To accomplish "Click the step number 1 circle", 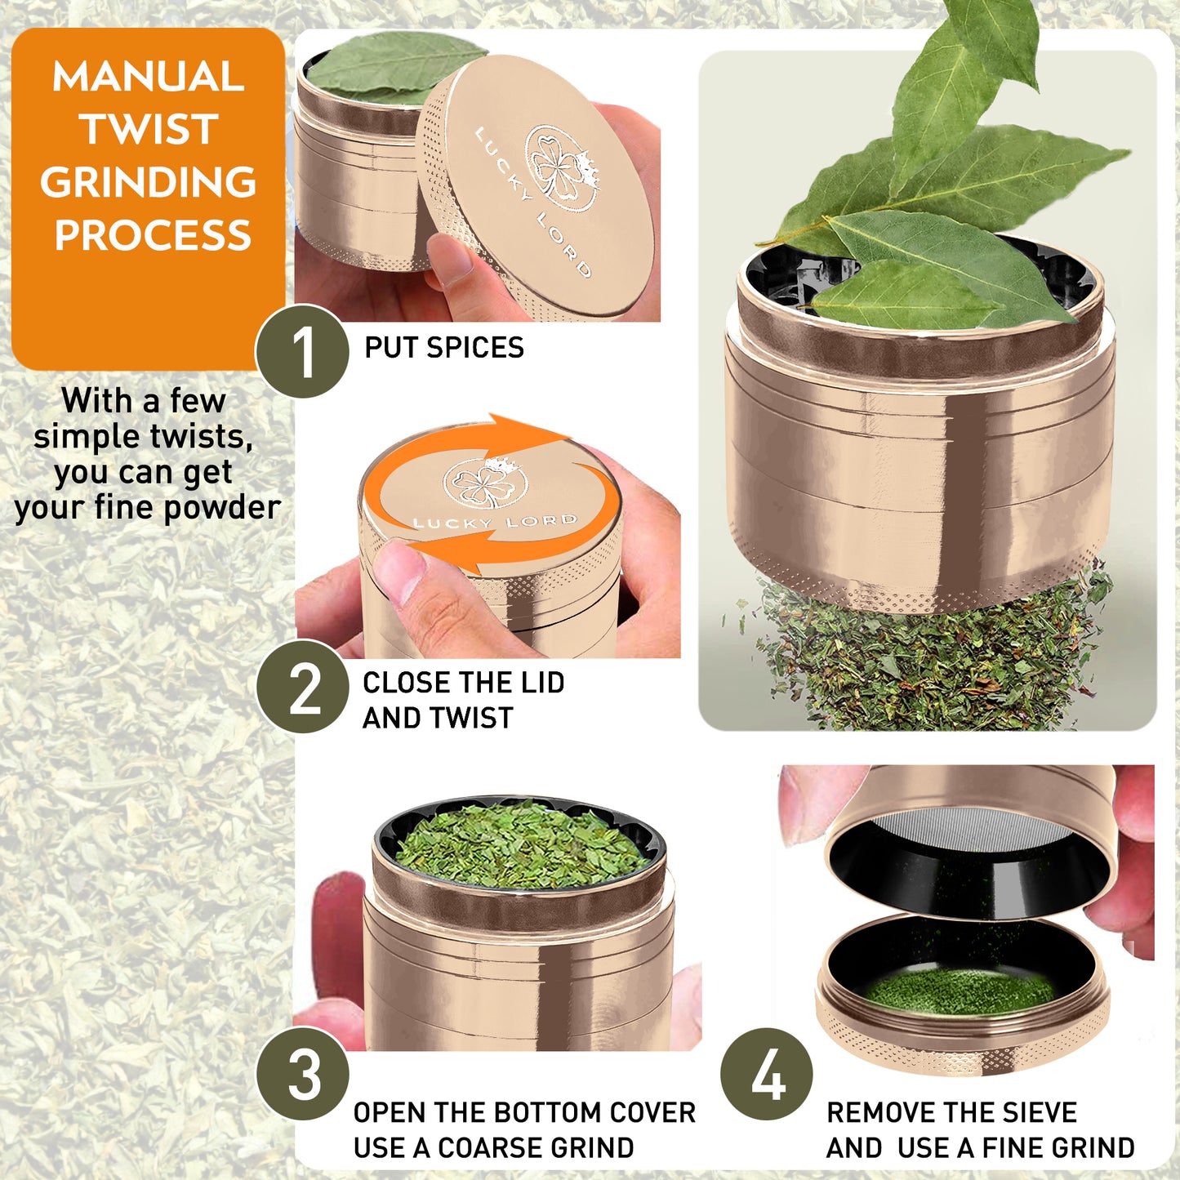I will tap(302, 351).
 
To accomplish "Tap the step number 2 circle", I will tap(302, 687).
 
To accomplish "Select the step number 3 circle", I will tap(302, 1074).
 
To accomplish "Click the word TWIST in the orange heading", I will tap(149, 129).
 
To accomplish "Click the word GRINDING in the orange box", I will tap(149, 182).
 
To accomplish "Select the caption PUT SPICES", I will tap(443, 348).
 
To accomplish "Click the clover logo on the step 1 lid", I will tap(562, 167).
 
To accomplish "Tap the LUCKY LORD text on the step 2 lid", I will tap(495, 522).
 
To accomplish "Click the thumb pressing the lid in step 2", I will tap(400, 572).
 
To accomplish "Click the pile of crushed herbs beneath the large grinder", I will tap(931, 661).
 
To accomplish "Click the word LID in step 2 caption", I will tap(544, 683).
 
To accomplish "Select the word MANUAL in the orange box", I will tap(149, 77).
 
